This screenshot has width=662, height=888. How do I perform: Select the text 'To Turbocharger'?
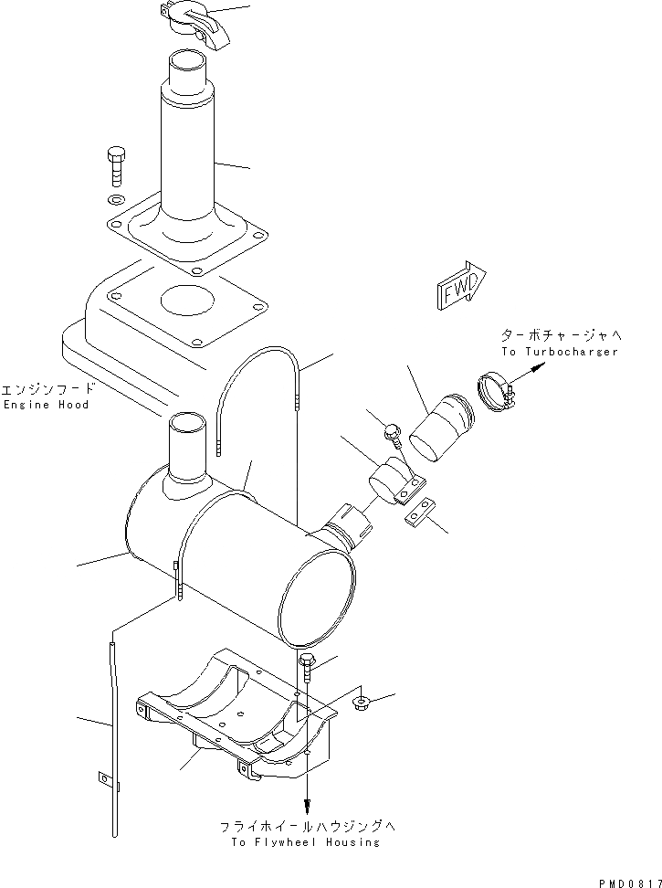click(x=559, y=352)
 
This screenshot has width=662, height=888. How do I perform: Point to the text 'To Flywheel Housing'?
click(x=305, y=842)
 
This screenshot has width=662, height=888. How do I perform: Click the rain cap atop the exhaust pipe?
click(x=194, y=20)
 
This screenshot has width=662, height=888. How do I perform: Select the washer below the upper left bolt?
click(x=116, y=200)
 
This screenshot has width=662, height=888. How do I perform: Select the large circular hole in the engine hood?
click(x=189, y=300)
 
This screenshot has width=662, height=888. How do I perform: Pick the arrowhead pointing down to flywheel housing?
click(x=307, y=806)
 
